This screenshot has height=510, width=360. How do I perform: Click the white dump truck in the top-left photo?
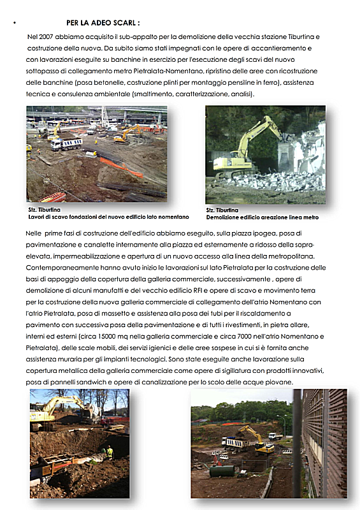66,144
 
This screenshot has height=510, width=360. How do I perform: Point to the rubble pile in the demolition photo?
280,181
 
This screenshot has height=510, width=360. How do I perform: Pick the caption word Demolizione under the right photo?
224,217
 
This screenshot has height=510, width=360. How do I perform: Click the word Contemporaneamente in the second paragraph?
67,267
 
